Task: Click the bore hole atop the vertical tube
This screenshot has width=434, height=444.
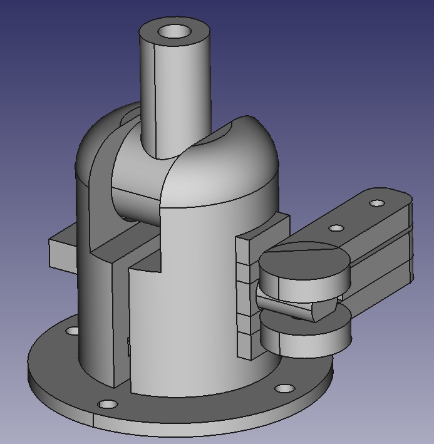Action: click(x=173, y=31)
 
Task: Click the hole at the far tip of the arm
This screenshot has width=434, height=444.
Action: click(x=376, y=204)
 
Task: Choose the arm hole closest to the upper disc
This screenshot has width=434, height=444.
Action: click(x=336, y=228)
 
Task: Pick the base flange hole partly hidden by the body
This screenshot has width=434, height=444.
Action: click(x=72, y=330)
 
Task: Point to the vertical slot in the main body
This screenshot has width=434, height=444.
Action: click(x=121, y=326)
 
